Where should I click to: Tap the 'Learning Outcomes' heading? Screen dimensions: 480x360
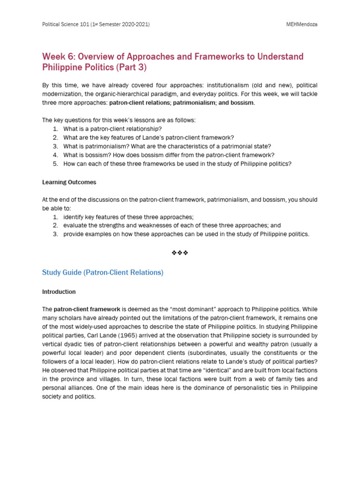(69, 182)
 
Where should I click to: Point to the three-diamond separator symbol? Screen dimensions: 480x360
(180, 253)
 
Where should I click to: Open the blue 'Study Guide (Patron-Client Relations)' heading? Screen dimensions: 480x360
(103, 272)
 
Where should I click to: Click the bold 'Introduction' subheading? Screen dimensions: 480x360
(59, 292)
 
